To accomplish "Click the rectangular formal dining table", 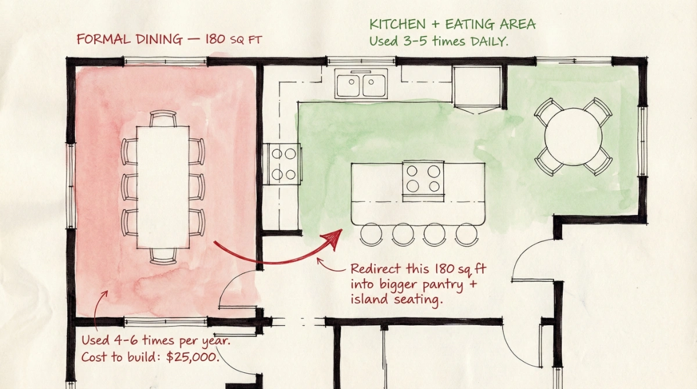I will click(163, 186).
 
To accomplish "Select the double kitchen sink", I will click(361, 83).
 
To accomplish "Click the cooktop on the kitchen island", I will click(423, 178).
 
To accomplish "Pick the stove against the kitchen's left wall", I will click(282, 163).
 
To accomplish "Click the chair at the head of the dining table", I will click(163, 118).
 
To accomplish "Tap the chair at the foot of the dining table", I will click(163, 255).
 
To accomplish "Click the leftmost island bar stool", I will click(371, 234).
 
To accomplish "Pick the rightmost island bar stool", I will click(466, 234).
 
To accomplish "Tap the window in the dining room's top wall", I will click(165, 60).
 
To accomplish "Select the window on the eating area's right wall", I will click(642, 142).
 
